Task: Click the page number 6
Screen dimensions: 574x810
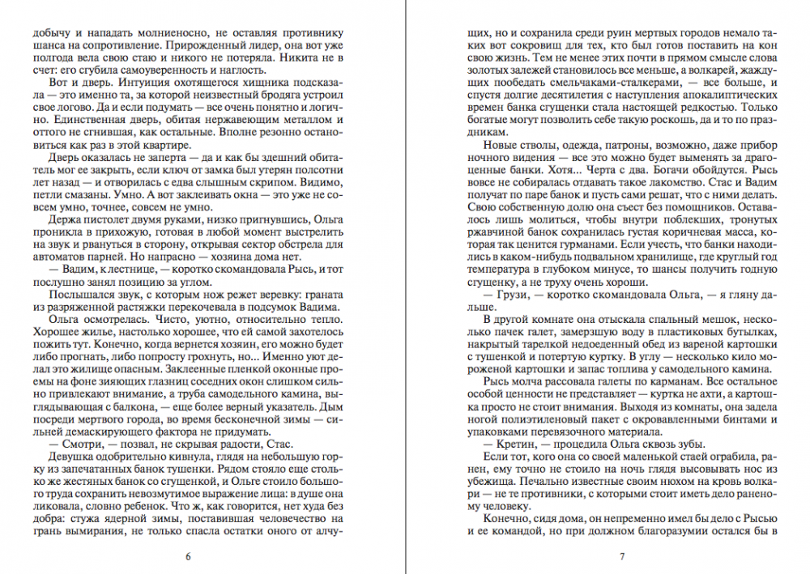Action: [188, 556]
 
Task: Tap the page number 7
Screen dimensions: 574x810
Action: [621, 556]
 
